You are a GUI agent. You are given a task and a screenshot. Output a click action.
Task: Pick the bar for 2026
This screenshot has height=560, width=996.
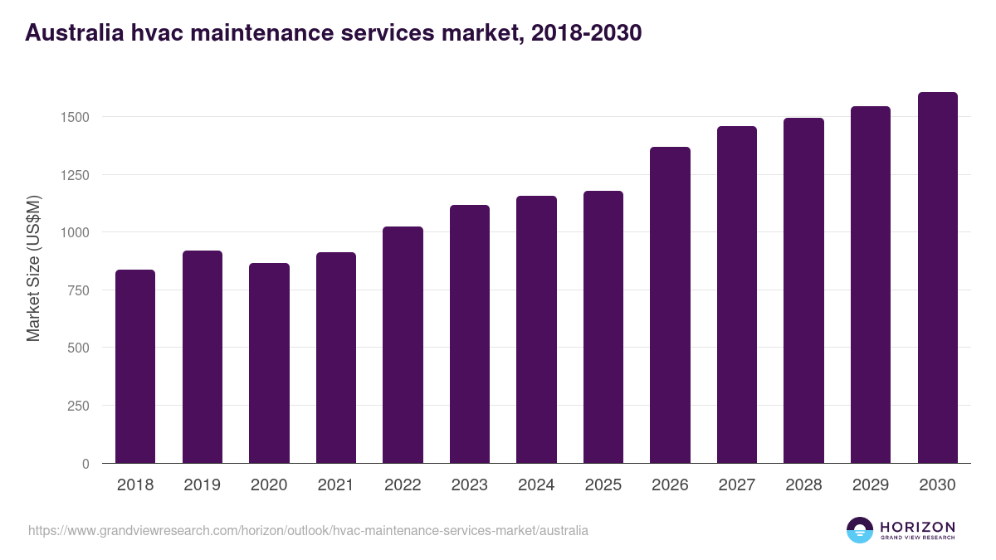(670, 304)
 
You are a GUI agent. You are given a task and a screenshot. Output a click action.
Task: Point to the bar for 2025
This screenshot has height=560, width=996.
(603, 327)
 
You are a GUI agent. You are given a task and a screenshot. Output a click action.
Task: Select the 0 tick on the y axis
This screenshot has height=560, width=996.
(85, 464)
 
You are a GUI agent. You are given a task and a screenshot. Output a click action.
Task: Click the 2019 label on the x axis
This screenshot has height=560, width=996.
(202, 485)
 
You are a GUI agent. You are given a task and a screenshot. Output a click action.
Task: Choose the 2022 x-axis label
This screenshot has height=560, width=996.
(403, 485)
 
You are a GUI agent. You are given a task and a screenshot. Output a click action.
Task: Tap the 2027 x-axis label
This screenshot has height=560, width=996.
(737, 485)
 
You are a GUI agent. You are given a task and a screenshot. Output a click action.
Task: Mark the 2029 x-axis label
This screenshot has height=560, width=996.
(871, 485)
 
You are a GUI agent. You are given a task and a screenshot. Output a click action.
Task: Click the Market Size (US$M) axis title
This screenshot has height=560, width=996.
(33, 268)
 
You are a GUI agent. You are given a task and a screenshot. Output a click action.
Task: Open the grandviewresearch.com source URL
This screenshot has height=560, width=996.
(308, 530)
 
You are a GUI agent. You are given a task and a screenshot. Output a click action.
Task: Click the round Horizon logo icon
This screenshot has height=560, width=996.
(860, 530)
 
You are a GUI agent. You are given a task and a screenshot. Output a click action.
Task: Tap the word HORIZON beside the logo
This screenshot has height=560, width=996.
(917, 526)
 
